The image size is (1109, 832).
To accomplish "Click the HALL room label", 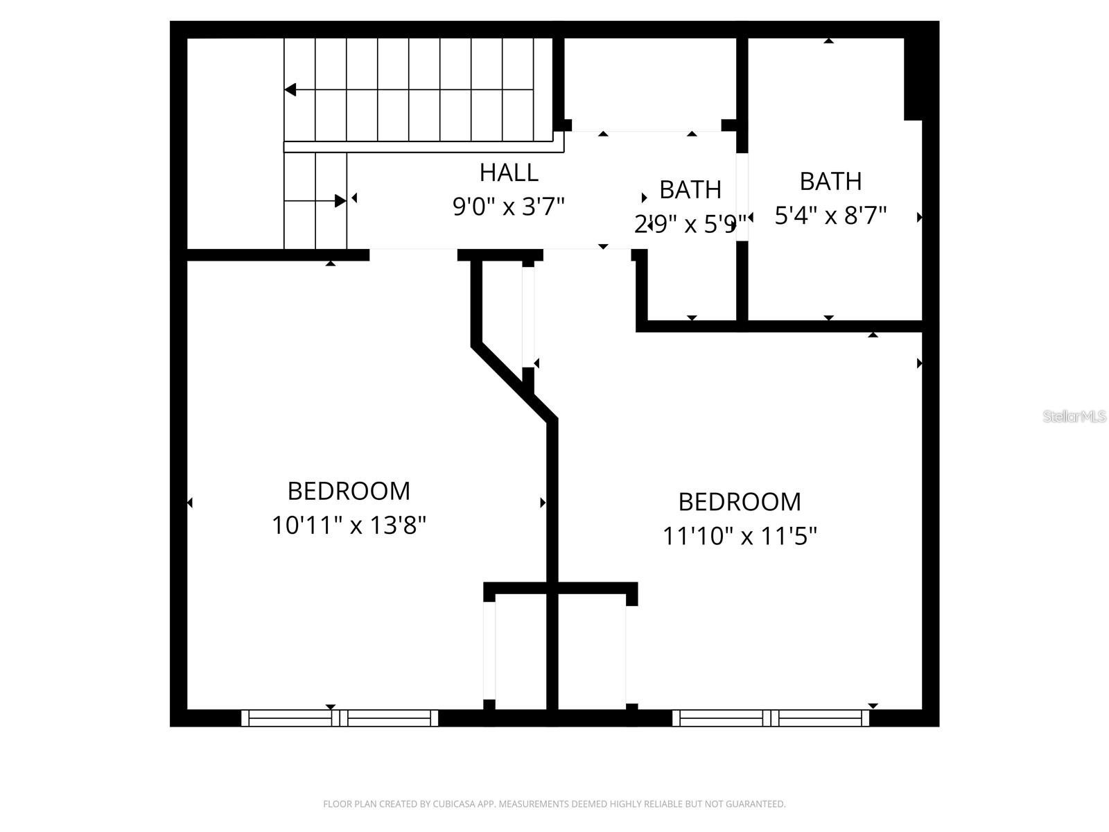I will (x=509, y=173).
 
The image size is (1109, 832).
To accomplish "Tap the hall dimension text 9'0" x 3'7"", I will (x=509, y=207).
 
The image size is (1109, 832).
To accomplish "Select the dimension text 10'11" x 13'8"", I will (x=349, y=526).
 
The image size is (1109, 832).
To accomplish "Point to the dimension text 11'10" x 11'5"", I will (x=740, y=536).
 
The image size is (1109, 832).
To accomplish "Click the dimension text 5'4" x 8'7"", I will (x=830, y=216).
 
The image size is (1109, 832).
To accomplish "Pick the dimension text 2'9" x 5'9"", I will (x=690, y=224).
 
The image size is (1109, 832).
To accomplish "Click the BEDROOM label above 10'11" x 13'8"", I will (x=349, y=491).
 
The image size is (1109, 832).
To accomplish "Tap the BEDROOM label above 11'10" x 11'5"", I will (x=740, y=501).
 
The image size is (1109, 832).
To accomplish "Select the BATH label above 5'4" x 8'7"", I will (x=830, y=182).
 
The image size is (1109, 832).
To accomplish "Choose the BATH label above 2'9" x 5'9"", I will (x=690, y=190).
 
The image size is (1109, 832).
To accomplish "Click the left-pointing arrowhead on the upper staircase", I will (x=290, y=89).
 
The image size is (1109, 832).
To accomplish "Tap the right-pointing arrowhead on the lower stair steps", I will (x=340, y=201).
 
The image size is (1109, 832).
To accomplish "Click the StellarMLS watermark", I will (x=1074, y=417).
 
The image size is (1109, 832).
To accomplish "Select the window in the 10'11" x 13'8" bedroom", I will (x=340, y=718).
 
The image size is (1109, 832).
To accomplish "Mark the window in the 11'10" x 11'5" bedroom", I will (x=771, y=718).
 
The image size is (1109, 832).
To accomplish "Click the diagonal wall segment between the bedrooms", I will (x=513, y=381).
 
